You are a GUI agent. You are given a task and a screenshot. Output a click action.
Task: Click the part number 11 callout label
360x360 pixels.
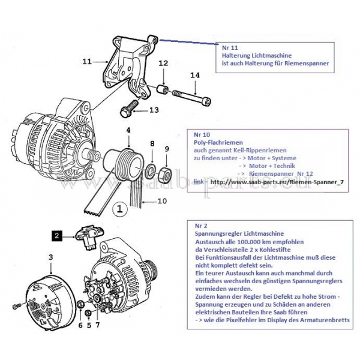pos(86,61)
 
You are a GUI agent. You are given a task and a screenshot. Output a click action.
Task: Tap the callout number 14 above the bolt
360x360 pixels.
pos(194,75)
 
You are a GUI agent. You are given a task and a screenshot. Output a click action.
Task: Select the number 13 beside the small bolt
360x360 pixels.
pos(154,110)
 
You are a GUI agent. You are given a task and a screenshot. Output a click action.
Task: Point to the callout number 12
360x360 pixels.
pos(163,63)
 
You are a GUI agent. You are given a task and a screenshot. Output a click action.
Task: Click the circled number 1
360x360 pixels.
pos(119,210)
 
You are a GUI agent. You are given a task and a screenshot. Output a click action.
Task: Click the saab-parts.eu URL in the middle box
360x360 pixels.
pos(278,181)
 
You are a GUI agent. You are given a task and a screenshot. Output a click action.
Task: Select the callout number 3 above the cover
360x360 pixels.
pos(51,257)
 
